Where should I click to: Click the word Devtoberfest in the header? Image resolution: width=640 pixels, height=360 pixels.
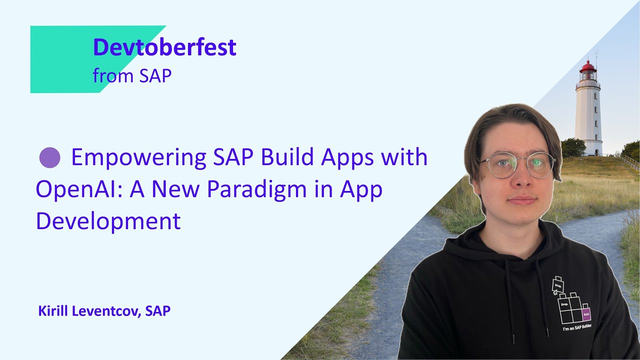point(164,47)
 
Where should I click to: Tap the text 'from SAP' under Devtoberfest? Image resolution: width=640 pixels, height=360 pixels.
point(132,75)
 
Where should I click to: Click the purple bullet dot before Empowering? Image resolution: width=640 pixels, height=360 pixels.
point(49,158)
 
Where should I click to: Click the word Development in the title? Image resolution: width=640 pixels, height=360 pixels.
point(108,221)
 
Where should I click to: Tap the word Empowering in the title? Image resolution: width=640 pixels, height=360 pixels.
point(138,158)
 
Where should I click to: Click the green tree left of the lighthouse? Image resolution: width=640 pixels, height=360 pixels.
point(573,147)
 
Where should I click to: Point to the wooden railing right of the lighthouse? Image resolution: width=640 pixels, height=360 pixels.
point(629,161)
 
